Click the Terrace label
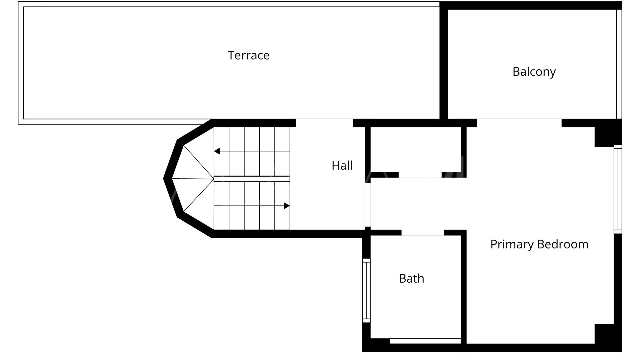[248, 55]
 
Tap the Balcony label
[534, 72]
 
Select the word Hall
[342, 166]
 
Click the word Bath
[411, 278]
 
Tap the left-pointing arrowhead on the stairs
[217, 151]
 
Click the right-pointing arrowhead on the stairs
[287, 206]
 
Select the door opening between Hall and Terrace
[324, 123]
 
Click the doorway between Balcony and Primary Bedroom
[519, 123]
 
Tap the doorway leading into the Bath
[423, 233]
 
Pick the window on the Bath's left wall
[366, 290]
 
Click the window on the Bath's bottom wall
[425, 341]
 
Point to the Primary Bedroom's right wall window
[618, 189]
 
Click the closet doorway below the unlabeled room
[420, 175]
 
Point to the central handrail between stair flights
[252, 179]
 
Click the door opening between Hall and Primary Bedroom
[367, 204]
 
